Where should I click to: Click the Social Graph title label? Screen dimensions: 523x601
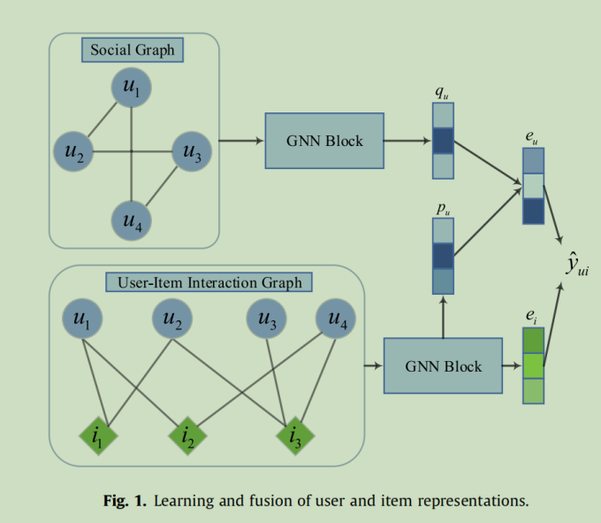pos(133,50)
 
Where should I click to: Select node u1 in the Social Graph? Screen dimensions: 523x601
pos(131,89)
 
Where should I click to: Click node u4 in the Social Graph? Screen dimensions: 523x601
pos(131,220)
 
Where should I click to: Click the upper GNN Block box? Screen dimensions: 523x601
pos(324,141)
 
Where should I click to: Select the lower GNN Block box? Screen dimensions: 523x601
pos(443,365)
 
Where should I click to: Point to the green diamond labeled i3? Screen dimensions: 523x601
pos(293,435)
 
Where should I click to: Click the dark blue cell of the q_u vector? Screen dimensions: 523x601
pos(442,142)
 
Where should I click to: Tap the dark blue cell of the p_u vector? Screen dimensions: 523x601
pos(442,256)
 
